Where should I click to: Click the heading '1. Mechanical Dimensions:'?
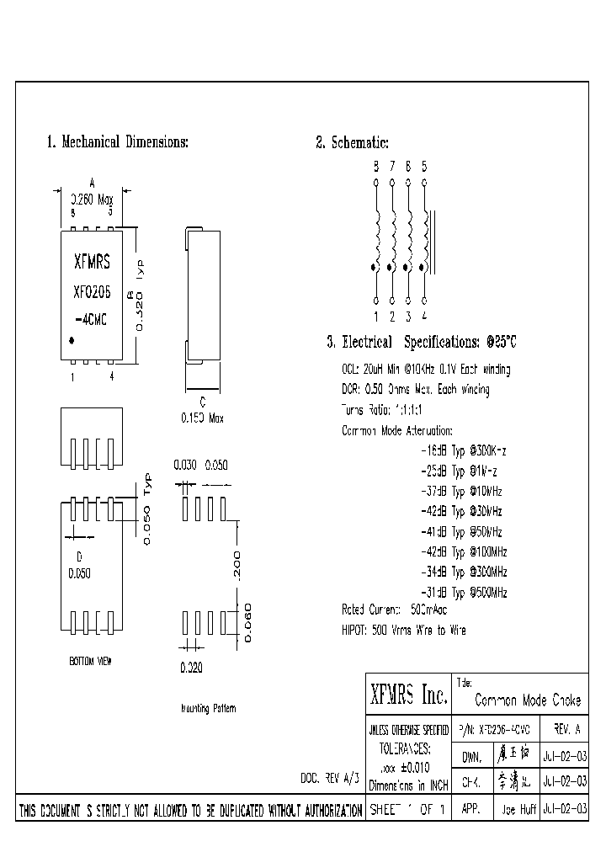click(117, 141)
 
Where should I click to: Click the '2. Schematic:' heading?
click(352, 142)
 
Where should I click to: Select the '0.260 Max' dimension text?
click(92, 200)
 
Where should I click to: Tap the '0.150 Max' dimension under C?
click(203, 418)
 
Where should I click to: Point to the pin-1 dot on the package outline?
click(72, 339)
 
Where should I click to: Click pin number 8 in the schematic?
click(375, 166)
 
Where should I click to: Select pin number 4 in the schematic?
click(424, 317)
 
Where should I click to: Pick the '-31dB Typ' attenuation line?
click(464, 592)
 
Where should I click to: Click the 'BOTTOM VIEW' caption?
click(90, 662)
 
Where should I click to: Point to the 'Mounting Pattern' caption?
click(209, 708)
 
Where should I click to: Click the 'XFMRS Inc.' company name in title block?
click(408, 695)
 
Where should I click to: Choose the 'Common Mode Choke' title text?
click(528, 700)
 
